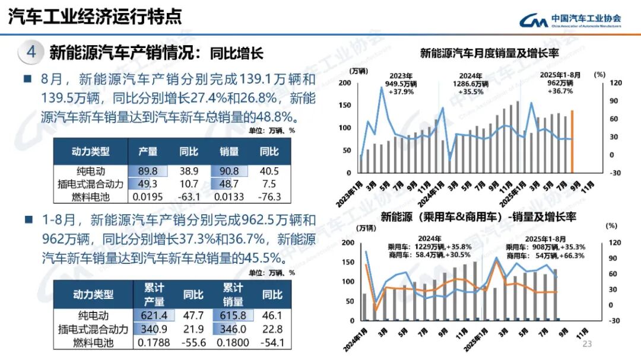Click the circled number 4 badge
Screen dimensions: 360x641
[31, 52]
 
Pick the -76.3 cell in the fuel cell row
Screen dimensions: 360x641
[269, 196]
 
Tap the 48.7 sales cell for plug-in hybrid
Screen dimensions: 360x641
[228, 184]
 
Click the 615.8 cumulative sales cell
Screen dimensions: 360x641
[233, 316]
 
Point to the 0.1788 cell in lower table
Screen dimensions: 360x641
[154, 342]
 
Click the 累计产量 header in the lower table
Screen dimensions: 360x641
[154, 294]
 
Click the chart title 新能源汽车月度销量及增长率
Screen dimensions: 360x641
[490, 54]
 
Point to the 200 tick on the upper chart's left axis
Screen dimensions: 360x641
[344, 82]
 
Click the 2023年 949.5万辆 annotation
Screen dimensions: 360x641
[401, 84]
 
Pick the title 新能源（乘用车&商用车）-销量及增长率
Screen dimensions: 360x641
[478, 217]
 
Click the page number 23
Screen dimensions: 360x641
[588, 345]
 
